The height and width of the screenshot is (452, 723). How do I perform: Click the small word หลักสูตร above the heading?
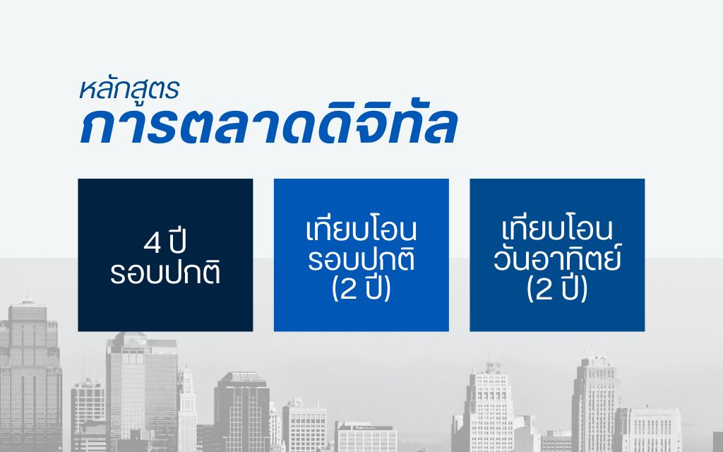129,88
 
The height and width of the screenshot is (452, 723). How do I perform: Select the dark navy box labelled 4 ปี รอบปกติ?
165,254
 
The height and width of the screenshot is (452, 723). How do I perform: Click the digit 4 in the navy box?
153,243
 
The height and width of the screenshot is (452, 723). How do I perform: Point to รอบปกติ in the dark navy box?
165,273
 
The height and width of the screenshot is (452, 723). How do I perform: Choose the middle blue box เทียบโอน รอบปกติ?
361,254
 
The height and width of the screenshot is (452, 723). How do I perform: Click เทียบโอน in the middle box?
361,229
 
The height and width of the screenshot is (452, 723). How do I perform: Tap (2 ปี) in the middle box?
361,289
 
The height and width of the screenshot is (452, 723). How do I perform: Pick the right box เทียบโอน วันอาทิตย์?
557,254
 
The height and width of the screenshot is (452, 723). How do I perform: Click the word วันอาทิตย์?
558,258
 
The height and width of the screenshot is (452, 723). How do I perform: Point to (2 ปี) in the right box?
557,289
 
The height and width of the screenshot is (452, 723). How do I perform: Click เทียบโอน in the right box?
557,229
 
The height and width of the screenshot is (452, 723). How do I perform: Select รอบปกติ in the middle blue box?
361,258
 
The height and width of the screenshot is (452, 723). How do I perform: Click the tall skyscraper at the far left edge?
30,376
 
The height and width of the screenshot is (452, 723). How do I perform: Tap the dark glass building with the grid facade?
241,412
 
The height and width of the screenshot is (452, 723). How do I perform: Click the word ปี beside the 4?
177,241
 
